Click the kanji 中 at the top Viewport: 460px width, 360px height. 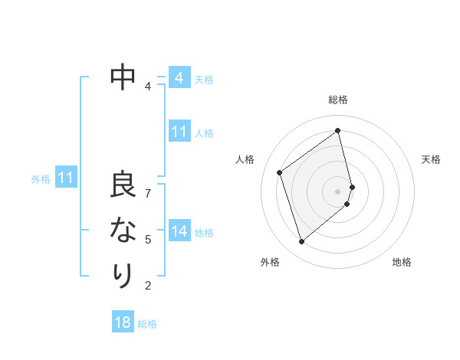(x=123, y=77)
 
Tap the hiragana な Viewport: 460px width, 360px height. (x=123, y=231)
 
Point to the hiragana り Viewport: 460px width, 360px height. (x=123, y=274)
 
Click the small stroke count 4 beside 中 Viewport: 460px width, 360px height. (x=147, y=86)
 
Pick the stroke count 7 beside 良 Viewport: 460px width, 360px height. (x=148, y=193)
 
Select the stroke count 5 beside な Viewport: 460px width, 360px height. (x=148, y=239)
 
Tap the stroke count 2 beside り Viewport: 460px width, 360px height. (x=148, y=286)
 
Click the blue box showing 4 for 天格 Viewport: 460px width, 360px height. (x=179, y=78)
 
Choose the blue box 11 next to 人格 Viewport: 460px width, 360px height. (x=179, y=132)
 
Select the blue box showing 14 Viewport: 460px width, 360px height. (x=179, y=231)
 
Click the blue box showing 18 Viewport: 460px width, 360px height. (x=123, y=322)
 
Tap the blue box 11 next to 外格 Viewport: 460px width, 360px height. (x=66, y=178)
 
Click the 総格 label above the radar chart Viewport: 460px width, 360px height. (x=338, y=100)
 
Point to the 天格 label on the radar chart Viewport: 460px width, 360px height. (x=431, y=159)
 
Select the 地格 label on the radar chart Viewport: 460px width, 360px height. (x=402, y=262)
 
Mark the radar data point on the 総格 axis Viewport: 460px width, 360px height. (x=338, y=130)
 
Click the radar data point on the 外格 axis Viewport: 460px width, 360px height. (x=301, y=242)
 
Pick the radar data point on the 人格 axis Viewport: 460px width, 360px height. (x=280, y=172)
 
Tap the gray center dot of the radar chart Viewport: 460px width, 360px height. (x=338, y=191)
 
